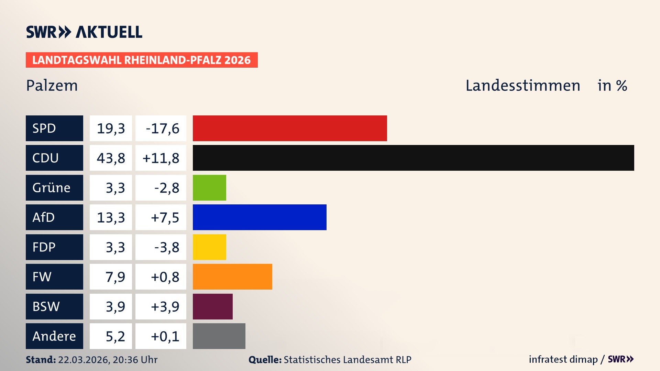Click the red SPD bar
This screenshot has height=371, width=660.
(290, 128)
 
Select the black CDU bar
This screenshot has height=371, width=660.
(413, 158)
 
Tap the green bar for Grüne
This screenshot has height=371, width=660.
(209, 188)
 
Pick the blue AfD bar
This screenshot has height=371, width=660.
(260, 217)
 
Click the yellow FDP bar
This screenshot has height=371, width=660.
(209, 247)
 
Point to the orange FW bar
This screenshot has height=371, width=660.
(232, 277)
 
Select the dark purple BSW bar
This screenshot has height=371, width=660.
(212, 306)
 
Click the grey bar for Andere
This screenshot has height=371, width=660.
(219, 336)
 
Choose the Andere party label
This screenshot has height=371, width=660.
(54, 336)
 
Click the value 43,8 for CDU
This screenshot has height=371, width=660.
(111, 158)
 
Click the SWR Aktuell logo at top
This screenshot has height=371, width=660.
(84, 32)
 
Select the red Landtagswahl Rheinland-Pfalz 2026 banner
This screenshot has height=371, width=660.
(142, 60)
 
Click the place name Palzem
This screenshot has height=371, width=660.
(52, 86)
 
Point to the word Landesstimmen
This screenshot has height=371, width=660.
(522, 86)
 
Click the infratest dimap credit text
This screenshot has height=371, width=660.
(563, 359)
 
